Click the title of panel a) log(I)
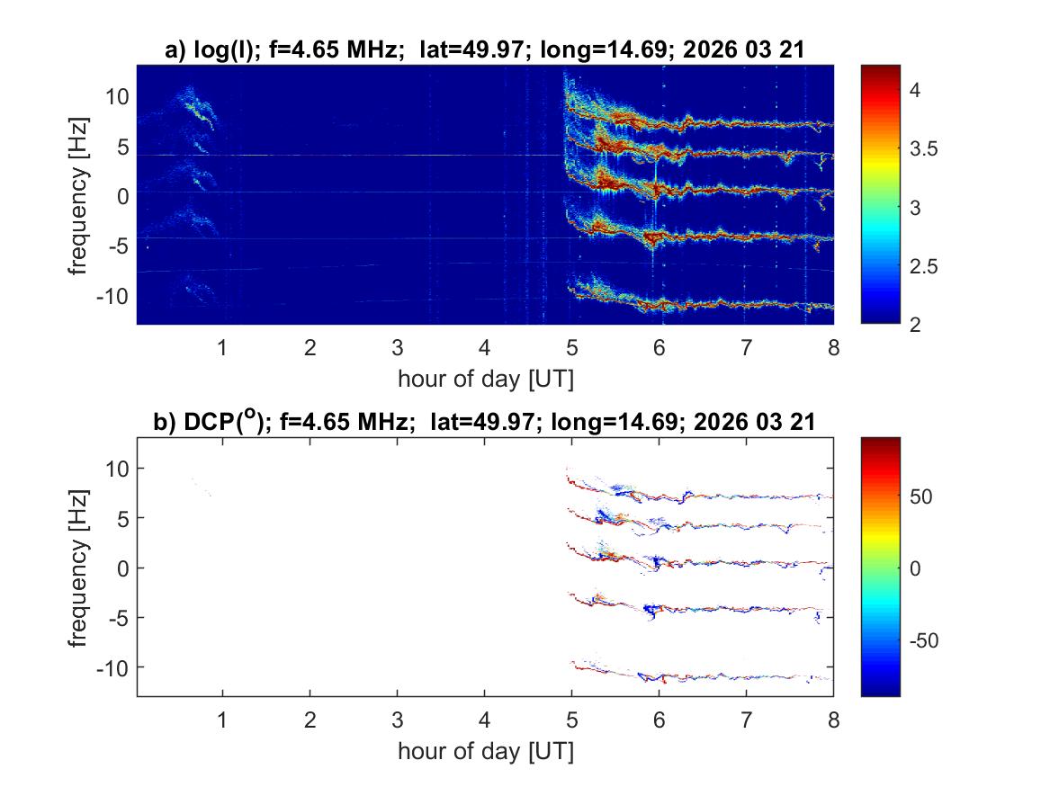coord(484,51)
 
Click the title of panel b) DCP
coord(484,424)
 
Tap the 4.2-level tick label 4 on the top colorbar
coord(918,90)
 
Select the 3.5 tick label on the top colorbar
coord(926,149)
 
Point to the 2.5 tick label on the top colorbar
coord(926,267)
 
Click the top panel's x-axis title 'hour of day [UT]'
coord(485,379)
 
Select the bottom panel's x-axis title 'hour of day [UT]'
coord(485,750)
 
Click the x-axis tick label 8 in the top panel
coord(833,348)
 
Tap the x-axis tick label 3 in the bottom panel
coord(397,720)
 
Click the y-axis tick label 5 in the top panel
coord(122,146)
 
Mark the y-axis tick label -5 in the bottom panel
coord(118,617)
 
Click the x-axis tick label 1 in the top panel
coord(222,348)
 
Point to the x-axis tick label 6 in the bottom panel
coord(659,720)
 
